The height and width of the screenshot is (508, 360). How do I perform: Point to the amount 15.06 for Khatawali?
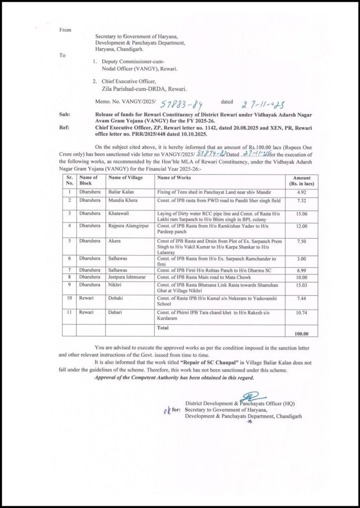pos(302,213)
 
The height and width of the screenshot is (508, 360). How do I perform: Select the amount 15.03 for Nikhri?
pos(302,285)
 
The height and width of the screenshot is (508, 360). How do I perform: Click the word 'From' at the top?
pos(65,30)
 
